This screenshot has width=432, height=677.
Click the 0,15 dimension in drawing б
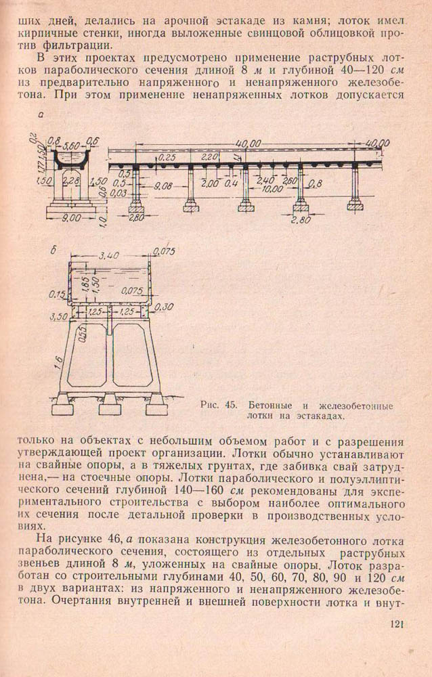point(59,294)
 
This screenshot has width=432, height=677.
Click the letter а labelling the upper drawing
point(41,116)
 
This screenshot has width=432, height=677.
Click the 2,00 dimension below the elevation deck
point(211,183)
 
